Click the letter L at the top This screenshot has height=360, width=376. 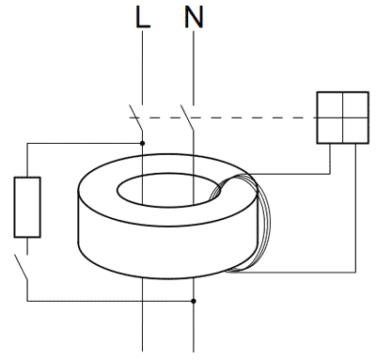point(143,18)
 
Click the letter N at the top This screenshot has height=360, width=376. point(194,18)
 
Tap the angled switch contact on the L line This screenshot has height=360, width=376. point(135,117)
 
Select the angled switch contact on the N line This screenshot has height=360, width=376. point(187,117)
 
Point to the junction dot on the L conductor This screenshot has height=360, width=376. point(143,143)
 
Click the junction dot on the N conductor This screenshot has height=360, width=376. point(194,301)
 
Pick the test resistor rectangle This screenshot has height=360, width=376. point(27,207)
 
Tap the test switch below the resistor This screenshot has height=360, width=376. point(21,267)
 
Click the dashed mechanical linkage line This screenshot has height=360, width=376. point(223,117)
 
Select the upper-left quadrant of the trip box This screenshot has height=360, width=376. point(330,104)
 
